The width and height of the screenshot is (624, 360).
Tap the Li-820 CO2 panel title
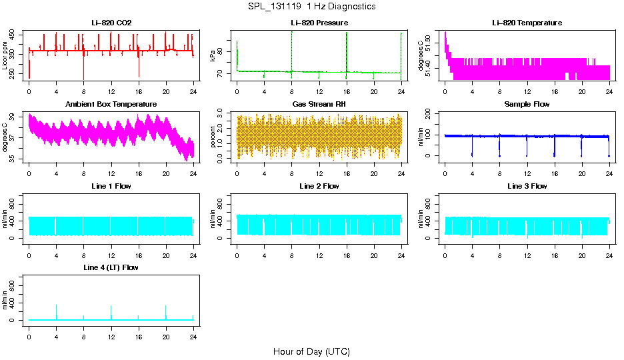tap(111, 23)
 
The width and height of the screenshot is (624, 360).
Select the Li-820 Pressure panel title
tap(319, 23)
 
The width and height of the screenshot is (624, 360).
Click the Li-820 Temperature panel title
tap(527, 23)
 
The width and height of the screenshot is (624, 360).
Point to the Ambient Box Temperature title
tap(111, 105)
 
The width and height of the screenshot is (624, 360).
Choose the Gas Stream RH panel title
tap(319, 105)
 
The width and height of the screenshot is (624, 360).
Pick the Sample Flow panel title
tap(527, 105)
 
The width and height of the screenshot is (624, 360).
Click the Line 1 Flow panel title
tap(111, 186)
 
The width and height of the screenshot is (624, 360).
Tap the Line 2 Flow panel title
tap(319, 186)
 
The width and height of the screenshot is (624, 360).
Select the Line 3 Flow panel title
tap(527, 186)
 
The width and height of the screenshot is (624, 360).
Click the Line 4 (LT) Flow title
tap(111, 267)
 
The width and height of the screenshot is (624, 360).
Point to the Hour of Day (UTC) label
tap(311, 351)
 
